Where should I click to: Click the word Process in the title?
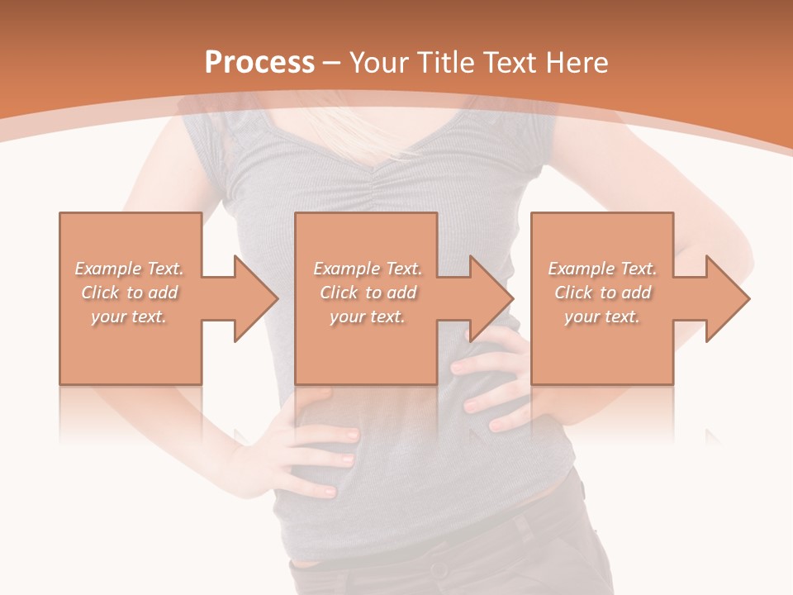[x=259, y=63]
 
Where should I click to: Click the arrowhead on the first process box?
[x=254, y=298]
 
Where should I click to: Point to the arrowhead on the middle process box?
[x=491, y=298]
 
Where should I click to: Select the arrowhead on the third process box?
[x=727, y=298]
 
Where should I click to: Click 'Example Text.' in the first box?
[x=130, y=269]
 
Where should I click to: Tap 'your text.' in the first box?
[x=130, y=317]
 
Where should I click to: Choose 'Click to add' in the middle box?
[x=368, y=293]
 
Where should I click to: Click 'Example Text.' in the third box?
[x=602, y=269]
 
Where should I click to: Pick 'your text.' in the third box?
[x=602, y=317]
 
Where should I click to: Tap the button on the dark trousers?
[x=434, y=569]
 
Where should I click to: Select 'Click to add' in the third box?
[x=602, y=293]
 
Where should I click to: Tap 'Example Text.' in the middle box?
[x=368, y=269]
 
